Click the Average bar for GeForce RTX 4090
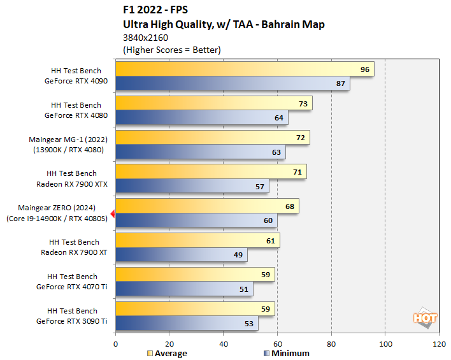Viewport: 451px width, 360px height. point(245,69)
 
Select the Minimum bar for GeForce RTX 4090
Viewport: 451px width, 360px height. point(233,83)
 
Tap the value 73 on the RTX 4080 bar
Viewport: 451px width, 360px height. point(303,103)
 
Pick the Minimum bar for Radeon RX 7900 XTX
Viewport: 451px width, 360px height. point(192,186)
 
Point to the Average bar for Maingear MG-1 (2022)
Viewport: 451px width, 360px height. point(212,138)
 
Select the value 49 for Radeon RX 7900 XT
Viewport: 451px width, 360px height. point(238,255)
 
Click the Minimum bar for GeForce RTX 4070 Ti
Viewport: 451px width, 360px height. point(184,289)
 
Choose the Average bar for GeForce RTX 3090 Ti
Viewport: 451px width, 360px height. point(195,310)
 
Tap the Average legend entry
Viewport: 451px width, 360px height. point(168,353)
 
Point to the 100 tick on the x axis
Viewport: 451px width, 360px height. point(385,344)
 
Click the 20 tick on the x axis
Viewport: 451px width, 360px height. point(169,344)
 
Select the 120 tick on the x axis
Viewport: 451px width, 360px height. point(439,344)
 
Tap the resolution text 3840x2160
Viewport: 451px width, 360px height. point(145,38)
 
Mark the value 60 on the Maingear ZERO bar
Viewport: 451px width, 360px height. point(268,220)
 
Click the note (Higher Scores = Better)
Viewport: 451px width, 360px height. point(171,50)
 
